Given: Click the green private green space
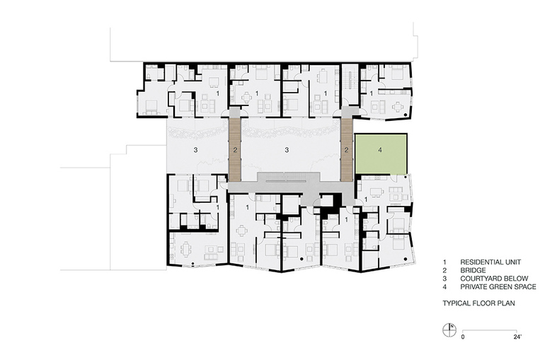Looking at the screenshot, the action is click(x=381, y=153).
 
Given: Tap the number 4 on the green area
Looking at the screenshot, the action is click(x=380, y=150).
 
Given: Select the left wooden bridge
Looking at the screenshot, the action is click(x=235, y=149).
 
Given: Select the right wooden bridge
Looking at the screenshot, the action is click(x=347, y=149).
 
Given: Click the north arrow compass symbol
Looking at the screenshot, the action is click(x=449, y=330).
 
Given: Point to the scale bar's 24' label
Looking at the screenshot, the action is click(x=517, y=337).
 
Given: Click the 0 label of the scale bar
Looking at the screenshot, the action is click(x=463, y=337).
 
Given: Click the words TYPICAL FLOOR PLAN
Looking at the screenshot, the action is click(x=479, y=303).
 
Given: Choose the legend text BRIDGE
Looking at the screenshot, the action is click(x=473, y=270).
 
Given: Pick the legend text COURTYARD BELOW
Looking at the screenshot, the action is click(x=494, y=279).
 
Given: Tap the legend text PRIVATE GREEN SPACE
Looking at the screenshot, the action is click(x=498, y=287).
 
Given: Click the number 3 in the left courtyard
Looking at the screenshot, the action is click(x=195, y=150).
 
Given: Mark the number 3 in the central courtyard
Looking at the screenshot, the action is click(x=287, y=150).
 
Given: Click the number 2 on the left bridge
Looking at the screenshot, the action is click(x=235, y=150).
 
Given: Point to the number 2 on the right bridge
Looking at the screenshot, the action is click(x=346, y=150).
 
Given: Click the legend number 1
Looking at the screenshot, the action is click(x=444, y=262).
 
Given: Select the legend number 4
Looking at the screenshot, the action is click(x=444, y=287).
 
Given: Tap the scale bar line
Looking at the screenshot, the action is click(x=490, y=331).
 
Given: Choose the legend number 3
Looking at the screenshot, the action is click(x=444, y=279).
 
